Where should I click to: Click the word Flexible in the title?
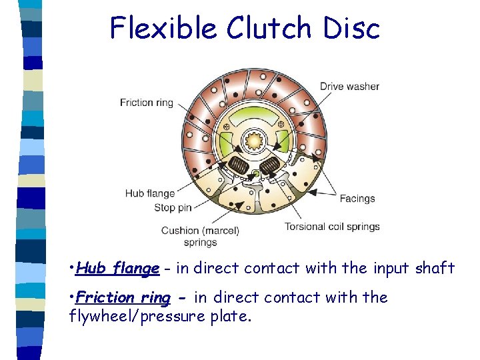(163, 28)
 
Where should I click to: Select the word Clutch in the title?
(269, 28)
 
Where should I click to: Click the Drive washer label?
(349, 86)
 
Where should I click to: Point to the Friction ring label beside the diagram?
(147, 103)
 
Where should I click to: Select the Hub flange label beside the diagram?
(150, 193)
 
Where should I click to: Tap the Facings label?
(357, 198)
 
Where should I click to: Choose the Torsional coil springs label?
(332, 226)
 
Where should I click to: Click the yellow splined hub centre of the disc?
(255, 141)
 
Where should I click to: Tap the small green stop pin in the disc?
(255, 175)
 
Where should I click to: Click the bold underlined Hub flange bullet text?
(117, 269)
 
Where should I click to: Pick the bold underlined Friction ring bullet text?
(123, 297)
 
